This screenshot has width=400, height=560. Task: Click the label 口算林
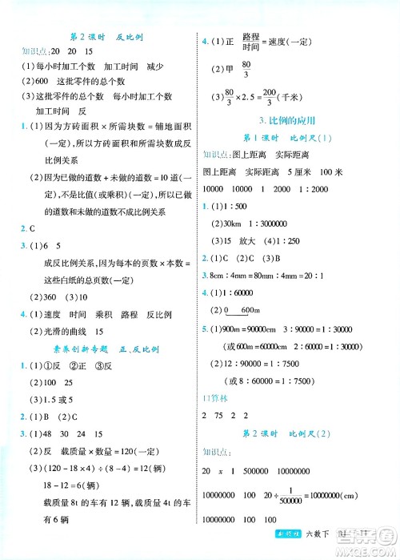tap(214, 398)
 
